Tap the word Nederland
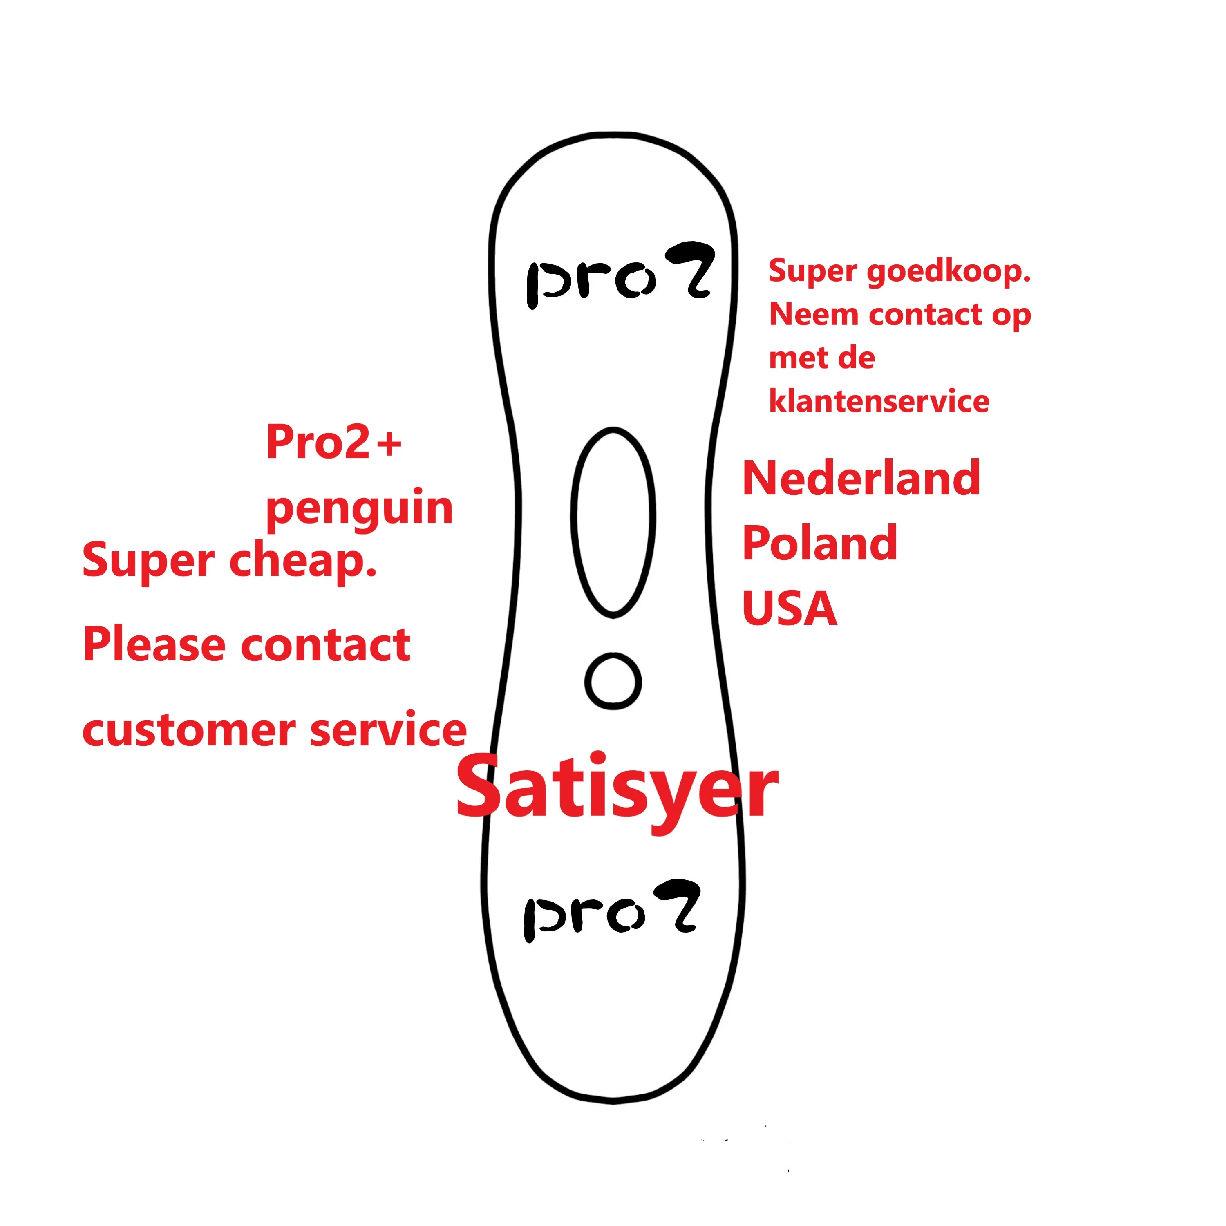pyautogui.click(x=861, y=479)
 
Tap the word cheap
pyautogui.click(x=303, y=561)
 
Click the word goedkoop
pyautogui.click(x=948, y=272)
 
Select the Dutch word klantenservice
pyautogui.click(x=879, y=401)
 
